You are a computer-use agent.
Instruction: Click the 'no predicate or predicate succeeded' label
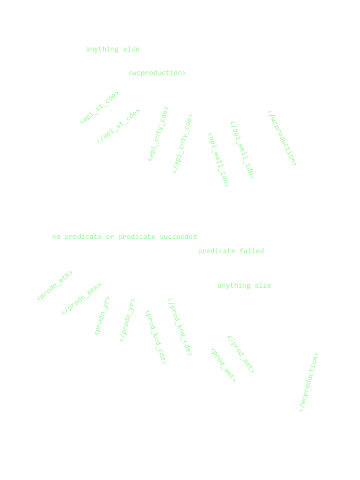click(x=125, y=236)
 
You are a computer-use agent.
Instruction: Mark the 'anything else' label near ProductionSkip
click(x=245, y=286)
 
